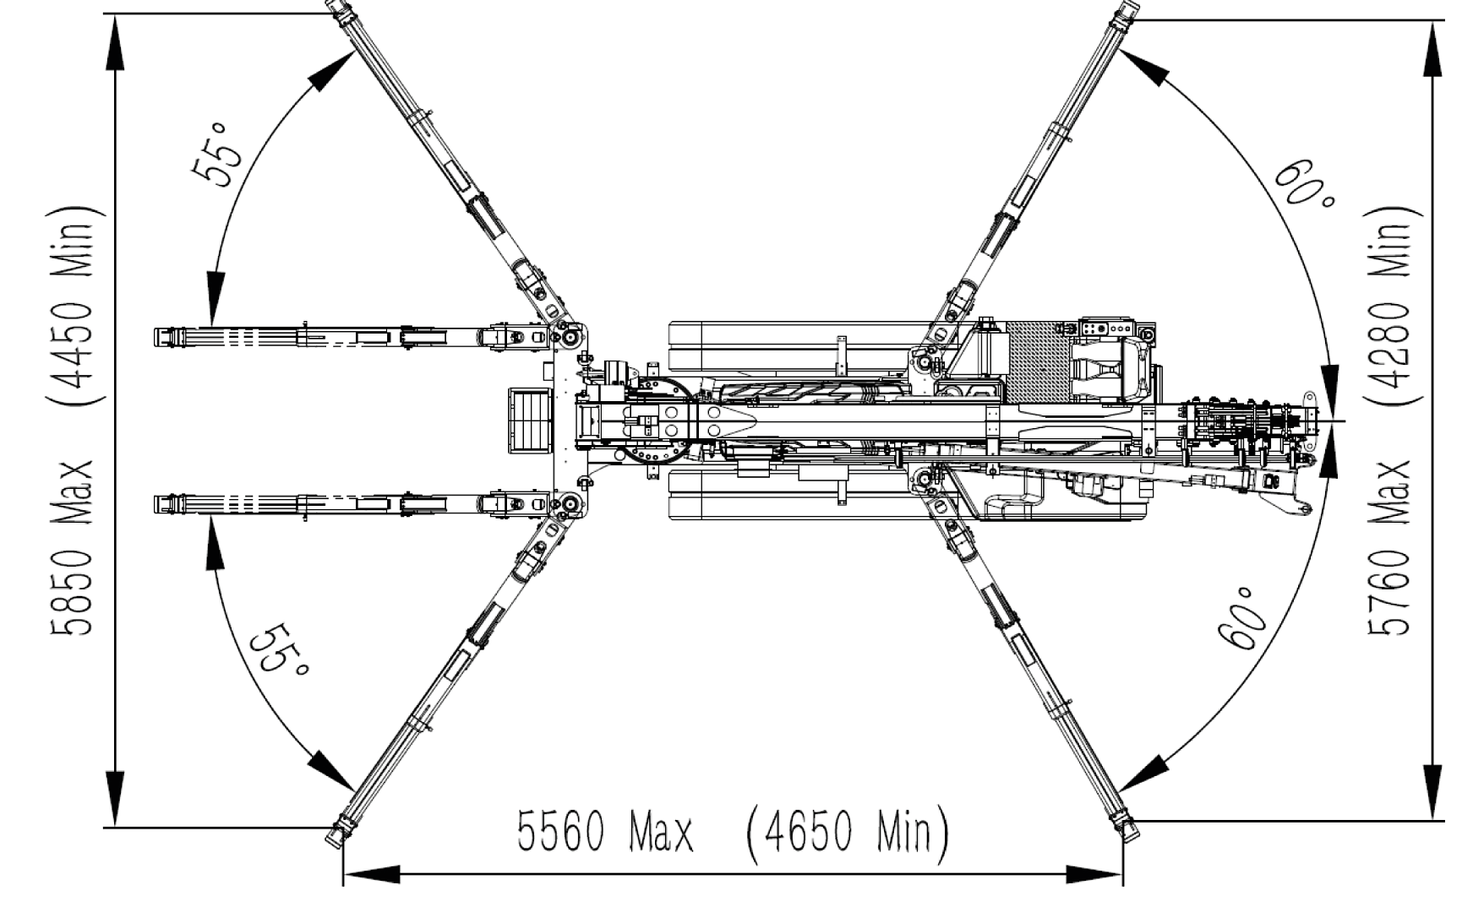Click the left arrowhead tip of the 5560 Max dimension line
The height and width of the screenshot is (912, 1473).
tap(343, 874)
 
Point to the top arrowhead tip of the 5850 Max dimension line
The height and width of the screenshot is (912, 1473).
tap(117, 14)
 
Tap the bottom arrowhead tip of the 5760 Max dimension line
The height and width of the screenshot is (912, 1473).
tap(1434, 818)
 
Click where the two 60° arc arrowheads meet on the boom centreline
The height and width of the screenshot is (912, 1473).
tap(1329, 420)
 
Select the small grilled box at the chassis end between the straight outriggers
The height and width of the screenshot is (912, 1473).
tap(529, 421)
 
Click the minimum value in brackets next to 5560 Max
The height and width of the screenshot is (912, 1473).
tap(847, 831)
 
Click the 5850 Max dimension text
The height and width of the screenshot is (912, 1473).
tap(73, 548)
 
